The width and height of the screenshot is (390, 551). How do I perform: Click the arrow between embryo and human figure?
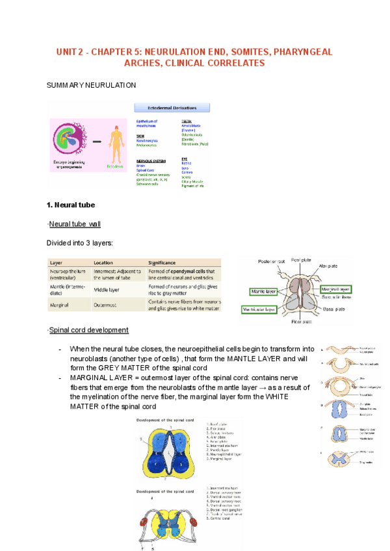point(97,141)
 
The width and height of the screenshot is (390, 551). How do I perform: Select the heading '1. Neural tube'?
point(71,205)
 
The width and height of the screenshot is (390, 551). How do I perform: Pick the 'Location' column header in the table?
point(104,263)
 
